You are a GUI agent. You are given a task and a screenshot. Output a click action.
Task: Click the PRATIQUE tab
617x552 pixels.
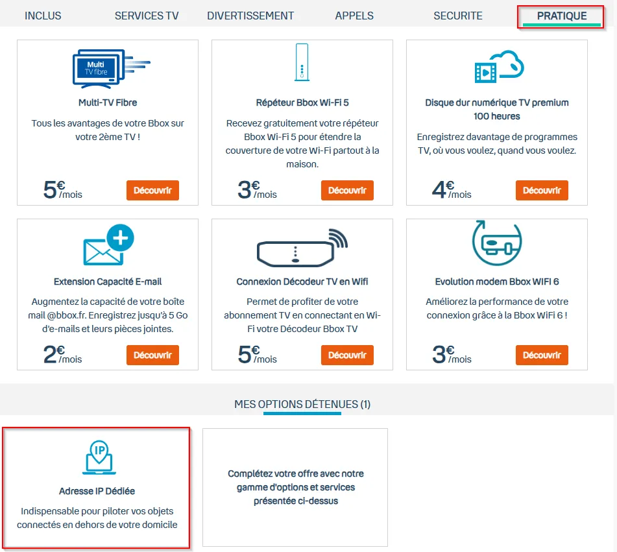561,16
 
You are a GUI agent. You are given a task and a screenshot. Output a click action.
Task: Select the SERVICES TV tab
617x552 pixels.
147,16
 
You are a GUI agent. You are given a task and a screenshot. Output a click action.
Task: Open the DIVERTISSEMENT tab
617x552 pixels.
250,16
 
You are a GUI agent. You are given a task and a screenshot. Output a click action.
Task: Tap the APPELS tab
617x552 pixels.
354,16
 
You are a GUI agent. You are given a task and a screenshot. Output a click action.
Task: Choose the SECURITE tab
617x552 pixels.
457,16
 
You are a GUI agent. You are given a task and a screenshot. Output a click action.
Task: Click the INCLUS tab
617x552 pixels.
43,16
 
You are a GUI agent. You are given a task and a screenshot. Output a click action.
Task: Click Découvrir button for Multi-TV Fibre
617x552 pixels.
152,191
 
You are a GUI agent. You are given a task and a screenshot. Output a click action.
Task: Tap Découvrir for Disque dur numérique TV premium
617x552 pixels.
542,191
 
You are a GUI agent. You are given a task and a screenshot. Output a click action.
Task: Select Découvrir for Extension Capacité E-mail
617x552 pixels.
152,355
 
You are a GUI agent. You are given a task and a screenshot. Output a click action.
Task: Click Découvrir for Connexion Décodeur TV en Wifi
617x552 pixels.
347,355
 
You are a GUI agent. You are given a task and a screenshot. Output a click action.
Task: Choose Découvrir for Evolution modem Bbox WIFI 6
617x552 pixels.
542,355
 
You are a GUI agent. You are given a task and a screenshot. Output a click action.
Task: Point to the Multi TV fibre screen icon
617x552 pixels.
112,69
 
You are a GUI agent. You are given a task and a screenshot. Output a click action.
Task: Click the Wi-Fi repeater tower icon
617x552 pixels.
302,62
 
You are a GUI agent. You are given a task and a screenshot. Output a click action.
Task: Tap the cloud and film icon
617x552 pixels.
499,67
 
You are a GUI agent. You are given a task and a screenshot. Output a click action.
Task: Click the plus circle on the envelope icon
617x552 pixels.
121,237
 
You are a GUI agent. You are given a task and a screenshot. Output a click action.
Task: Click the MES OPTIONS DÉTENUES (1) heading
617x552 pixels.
302,404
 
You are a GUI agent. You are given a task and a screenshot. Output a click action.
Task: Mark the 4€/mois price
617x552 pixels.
452,190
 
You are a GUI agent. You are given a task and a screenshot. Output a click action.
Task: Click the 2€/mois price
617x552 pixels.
62,355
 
